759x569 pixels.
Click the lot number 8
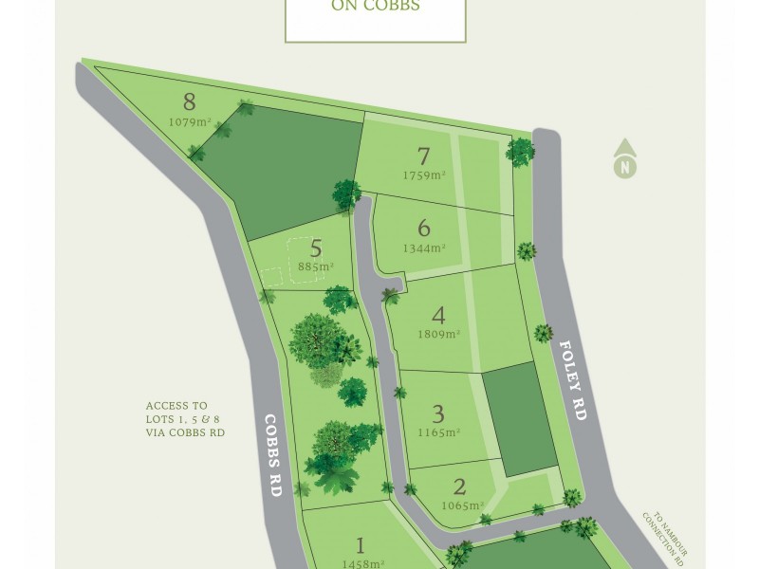pyautogui.click(x=189, y=101)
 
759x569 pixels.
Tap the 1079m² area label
pyautogui.click(x=189, y=121)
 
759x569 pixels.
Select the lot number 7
pyautogui.click(x=424, y=156)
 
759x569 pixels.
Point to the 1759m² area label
pyautogui.click(x=424, y=175)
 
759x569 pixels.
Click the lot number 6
pyautogui.click(x=424, y=228)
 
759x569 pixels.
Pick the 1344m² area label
pyautogui.click(x=424, y=248)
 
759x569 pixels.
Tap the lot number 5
pyautogui.click(x=316, y=248)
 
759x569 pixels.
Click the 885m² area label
pyautogui.click(x=316, y=267)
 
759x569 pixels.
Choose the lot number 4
pyautogui.click(x=438, y=315)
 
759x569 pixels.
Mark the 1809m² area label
pyautogui.click(x=438, y=334)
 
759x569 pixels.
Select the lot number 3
pyautogui.click(x=438, y=413)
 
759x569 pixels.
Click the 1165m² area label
pyautogui.click(x=438, y=432)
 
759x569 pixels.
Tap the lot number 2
pyautogui.click(x=459, y=487)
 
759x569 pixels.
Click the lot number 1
pyautogui.click(x=360, y=545)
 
